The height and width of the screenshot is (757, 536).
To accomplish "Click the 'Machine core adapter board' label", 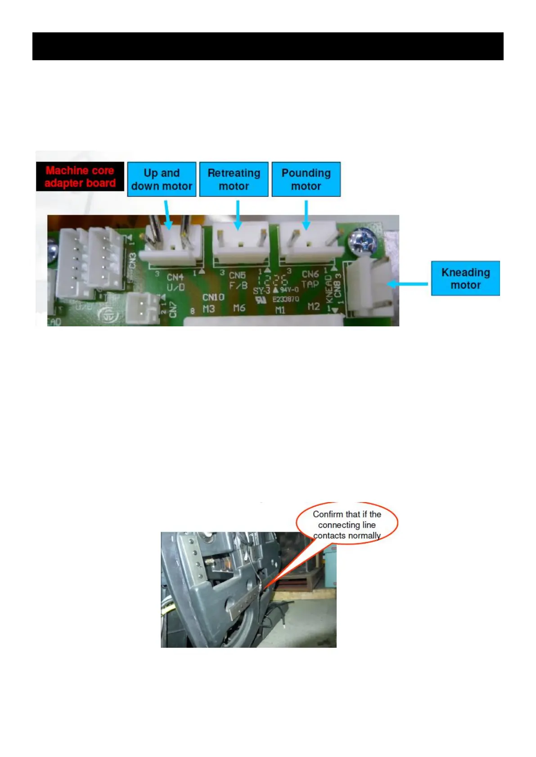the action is coord(80,177).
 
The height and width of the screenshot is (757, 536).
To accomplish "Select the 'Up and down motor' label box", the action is coord(162,179).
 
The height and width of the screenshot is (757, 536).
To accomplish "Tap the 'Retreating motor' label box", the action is coord(234,179).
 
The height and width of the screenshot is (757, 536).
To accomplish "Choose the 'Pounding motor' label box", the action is coord(306,179).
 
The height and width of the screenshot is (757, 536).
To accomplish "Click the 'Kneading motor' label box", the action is coord(465,278).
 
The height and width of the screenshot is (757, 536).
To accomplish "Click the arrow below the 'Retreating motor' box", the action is coord(238,214).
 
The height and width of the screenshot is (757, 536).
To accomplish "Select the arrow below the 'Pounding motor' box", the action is coord(306,214).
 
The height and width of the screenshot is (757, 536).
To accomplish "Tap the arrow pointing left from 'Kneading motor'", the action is coord(407,284).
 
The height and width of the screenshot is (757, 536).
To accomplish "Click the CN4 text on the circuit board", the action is coord(175,277).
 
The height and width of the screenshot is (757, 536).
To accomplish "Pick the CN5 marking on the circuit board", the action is coord(237,275).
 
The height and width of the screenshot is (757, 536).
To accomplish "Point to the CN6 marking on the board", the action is coord(310,274).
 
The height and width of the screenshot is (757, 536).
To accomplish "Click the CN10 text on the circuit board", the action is coord(213,297).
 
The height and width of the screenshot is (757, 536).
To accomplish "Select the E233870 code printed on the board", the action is coord(285,299).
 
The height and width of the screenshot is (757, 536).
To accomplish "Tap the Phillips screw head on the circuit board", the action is coord(364,241).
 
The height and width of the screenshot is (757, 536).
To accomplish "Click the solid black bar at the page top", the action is coord(268,46).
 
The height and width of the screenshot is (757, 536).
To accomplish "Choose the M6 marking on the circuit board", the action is coord(239,308).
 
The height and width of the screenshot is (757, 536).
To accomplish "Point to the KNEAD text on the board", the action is coord(329,289).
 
